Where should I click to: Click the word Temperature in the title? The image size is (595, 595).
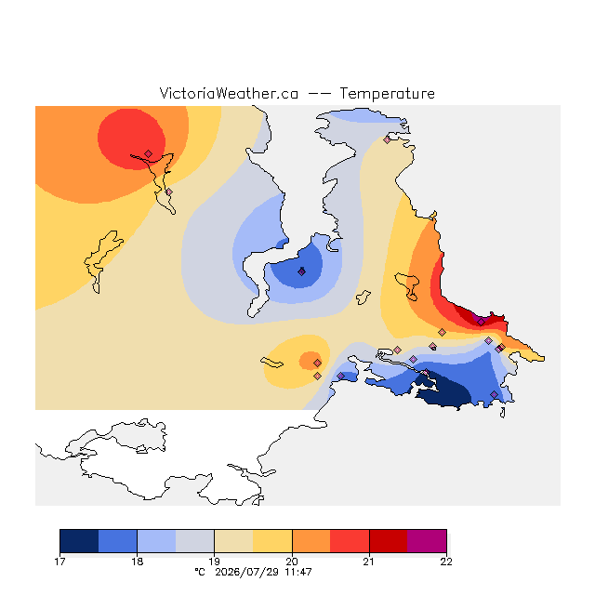click(x=387, y=93)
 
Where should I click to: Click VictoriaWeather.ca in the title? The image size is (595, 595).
click(x=229, y=93)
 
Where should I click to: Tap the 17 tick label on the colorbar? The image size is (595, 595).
click(x=59, y=562)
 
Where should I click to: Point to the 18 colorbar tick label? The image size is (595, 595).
click(x=137, y=562)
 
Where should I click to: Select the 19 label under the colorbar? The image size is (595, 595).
click(x=214, y=562)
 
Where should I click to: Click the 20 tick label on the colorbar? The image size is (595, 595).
click(x=292, y=562)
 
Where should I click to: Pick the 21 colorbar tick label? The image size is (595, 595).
click(x=369, y=562)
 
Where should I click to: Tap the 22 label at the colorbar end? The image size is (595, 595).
click(x=446, y=562)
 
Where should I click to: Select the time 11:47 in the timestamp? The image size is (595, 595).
click(x=298, y=572)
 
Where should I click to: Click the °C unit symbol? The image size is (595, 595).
click(x=200, y=572)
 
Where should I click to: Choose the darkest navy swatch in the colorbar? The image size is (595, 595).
click(x=79, y=541)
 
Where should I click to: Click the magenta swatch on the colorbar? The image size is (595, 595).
click(x=427, y=541)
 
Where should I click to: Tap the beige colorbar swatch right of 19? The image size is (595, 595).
click(x=233, y=541)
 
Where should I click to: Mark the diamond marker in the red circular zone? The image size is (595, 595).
click(x=149, y=153)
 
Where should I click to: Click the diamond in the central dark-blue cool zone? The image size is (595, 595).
click(x=301, y=271)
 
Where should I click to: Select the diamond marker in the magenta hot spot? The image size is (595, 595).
click(x=481, y=322)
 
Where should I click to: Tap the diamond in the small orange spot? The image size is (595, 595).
click(x=318, y=364)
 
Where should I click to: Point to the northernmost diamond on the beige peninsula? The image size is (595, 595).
click(x=387, y=140)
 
